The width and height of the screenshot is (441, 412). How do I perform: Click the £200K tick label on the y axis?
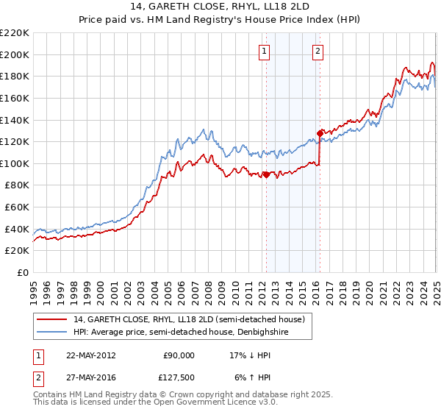pyautogui.click(x=15, y=54)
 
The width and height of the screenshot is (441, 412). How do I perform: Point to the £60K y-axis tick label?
pyautogui.click(x=17, y=207)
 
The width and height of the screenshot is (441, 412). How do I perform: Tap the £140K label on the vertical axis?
pyautogui.click(x=15, y=120)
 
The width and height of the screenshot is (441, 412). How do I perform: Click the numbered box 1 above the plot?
pyautogui.click(x=264, y=51)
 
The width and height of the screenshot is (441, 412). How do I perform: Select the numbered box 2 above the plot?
pyautogui.click(x=318, y=51)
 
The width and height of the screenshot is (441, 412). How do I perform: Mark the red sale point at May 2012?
pyautogui.click(x=266, y=174)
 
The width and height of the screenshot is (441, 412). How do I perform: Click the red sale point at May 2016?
pyautogui.click(x=320, y=133)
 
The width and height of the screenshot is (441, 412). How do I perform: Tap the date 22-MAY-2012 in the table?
pyautogui.click(x=90, y=355)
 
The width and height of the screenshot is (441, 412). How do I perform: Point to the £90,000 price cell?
pyautogui.click(x=178, y=355)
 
